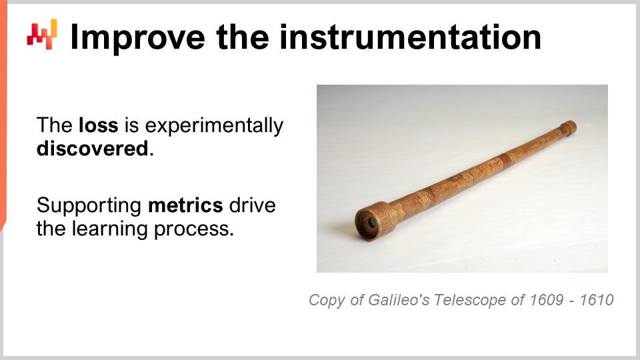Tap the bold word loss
[x=98, y=125]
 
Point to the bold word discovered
[x=92, y=148]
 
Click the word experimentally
[x=204, y=125]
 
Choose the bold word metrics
[x=185, y=205]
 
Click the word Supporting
[x=89, y=205]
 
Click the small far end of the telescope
[x=568, y=126]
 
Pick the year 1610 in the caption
[x=597, y=300]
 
